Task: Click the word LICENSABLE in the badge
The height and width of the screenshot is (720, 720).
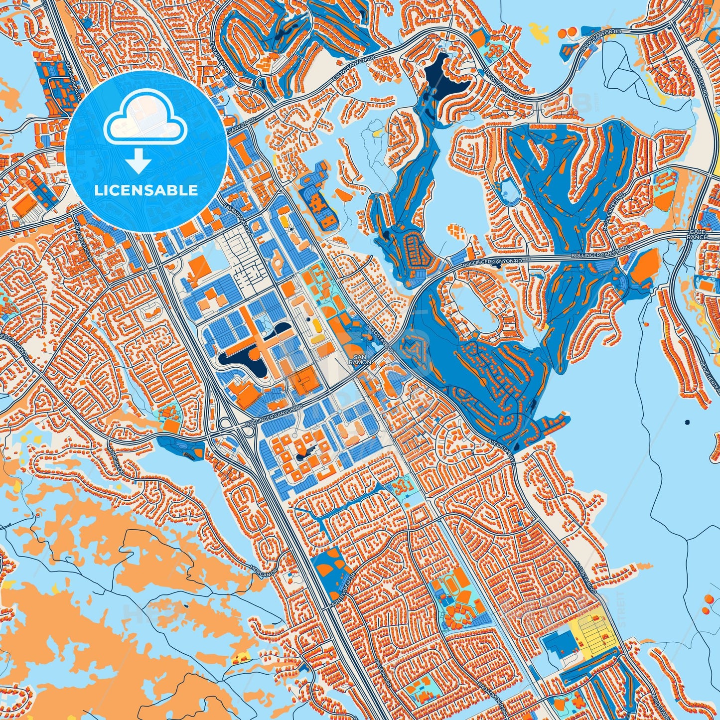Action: click(x=146, y=190)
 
